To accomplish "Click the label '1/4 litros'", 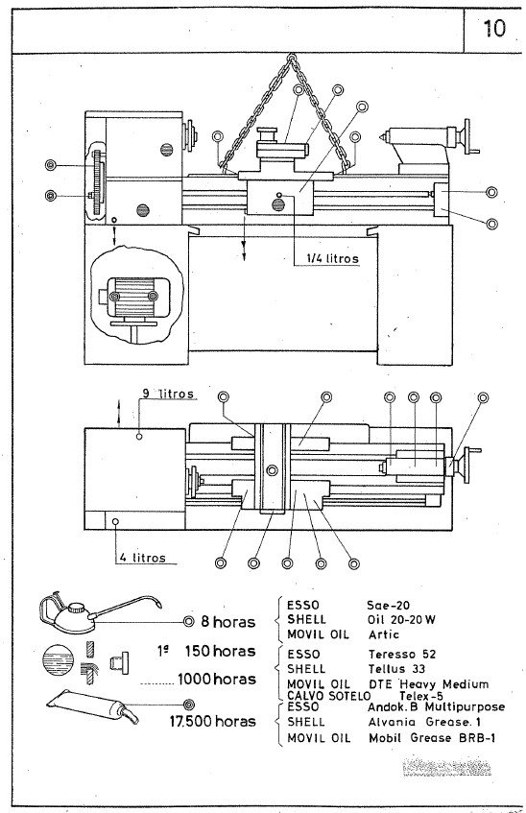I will pyautogui.click(x=327, y=257).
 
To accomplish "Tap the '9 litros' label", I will pyautogui.click(x=168, y=394).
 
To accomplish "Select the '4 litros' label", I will pyautogui.click(x=143, y=557).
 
